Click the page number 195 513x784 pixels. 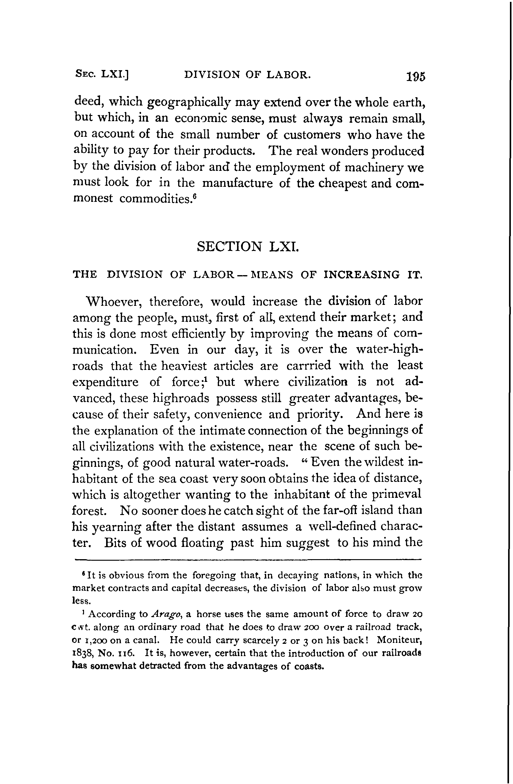[416, 76]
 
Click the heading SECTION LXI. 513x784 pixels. [248, 246]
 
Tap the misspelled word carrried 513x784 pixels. [308, 365]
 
